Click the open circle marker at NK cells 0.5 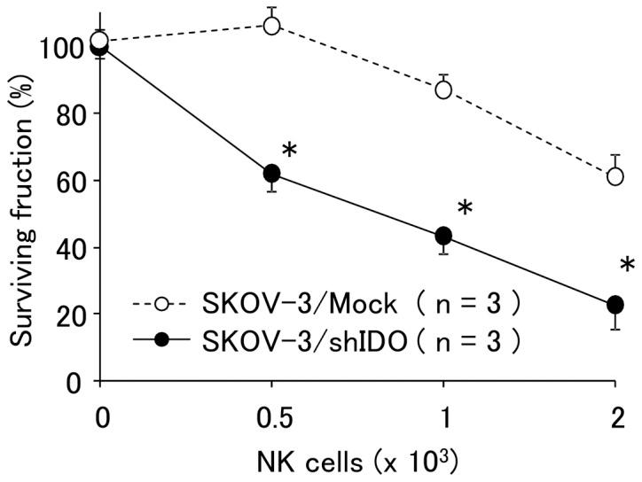[271, 26]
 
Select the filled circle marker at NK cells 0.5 [271, 174]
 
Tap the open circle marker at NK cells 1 [443, 89]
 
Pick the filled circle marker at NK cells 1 [443, 236]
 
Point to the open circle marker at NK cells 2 [615, 176]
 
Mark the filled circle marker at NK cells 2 [615, 305]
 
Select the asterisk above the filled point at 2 [628, 266]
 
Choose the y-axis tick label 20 [70, 315]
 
